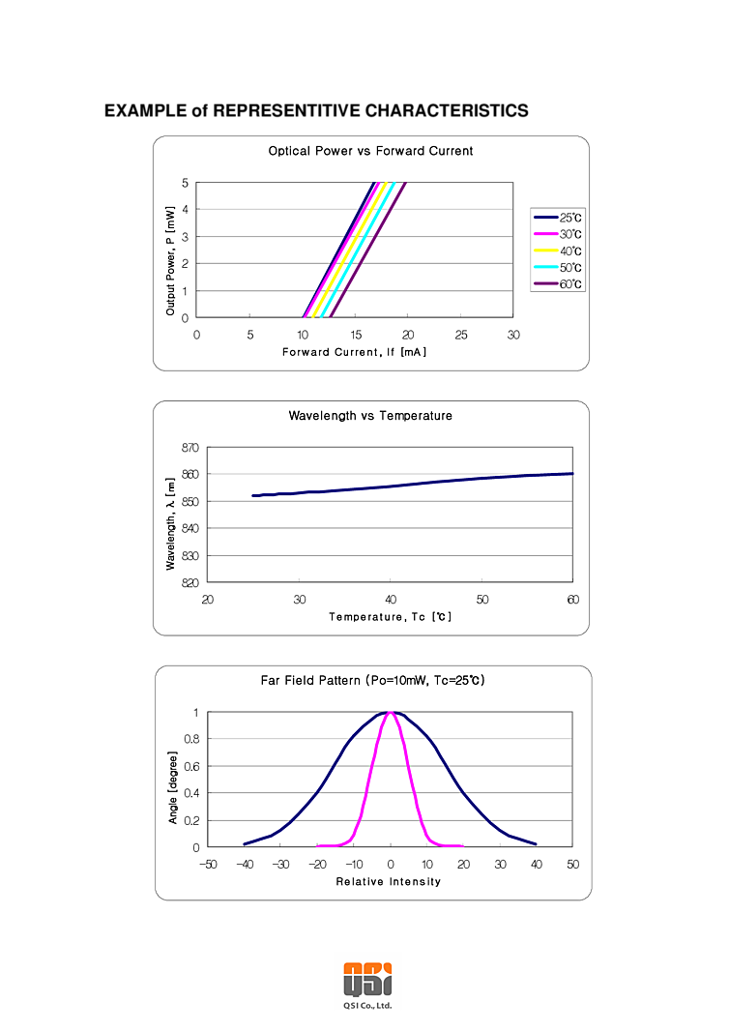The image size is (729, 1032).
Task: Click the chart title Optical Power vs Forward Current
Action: point(370,151)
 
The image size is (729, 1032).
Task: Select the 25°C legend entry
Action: point(569,219)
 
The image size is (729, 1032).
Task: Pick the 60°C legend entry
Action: point(569,284)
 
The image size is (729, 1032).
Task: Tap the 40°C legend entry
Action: point(569,251)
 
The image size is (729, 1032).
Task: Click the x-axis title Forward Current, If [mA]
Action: point(354,352)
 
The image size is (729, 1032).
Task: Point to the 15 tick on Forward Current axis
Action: point(355,335)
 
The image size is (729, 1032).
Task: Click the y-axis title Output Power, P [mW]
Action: point(170,260)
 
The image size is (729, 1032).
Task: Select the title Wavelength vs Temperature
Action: point(370,416)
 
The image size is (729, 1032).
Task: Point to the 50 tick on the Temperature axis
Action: point(481,600)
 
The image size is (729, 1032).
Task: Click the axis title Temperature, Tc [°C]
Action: point(390,617)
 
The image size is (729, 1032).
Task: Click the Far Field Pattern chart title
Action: point(372,681)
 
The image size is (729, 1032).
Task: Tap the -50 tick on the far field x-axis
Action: point(207,864)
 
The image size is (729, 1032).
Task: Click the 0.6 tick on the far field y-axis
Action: point(190,766)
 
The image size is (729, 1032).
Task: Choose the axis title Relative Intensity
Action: point(388,882)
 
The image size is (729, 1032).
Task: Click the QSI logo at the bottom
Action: point(367,978)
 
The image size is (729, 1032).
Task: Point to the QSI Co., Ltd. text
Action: point(367,1006)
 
